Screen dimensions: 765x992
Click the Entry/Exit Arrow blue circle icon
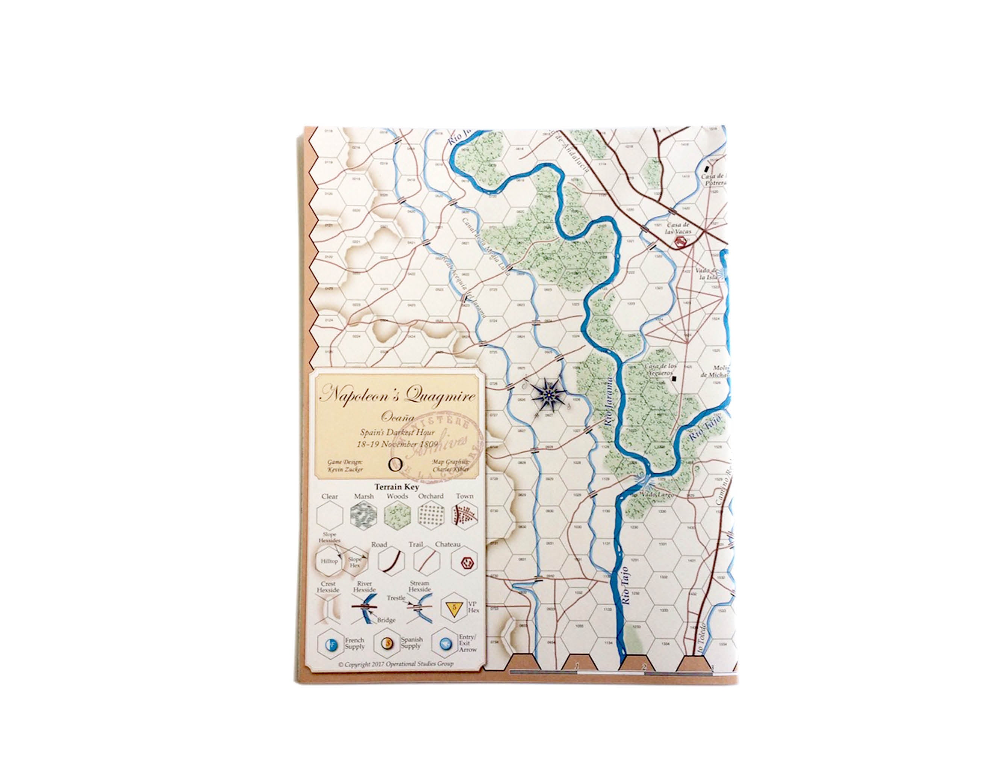(445, 643)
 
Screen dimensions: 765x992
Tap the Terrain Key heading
(397, 487)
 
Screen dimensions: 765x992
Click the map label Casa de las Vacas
(678, 228)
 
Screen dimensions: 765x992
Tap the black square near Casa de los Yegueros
(674, 378)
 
